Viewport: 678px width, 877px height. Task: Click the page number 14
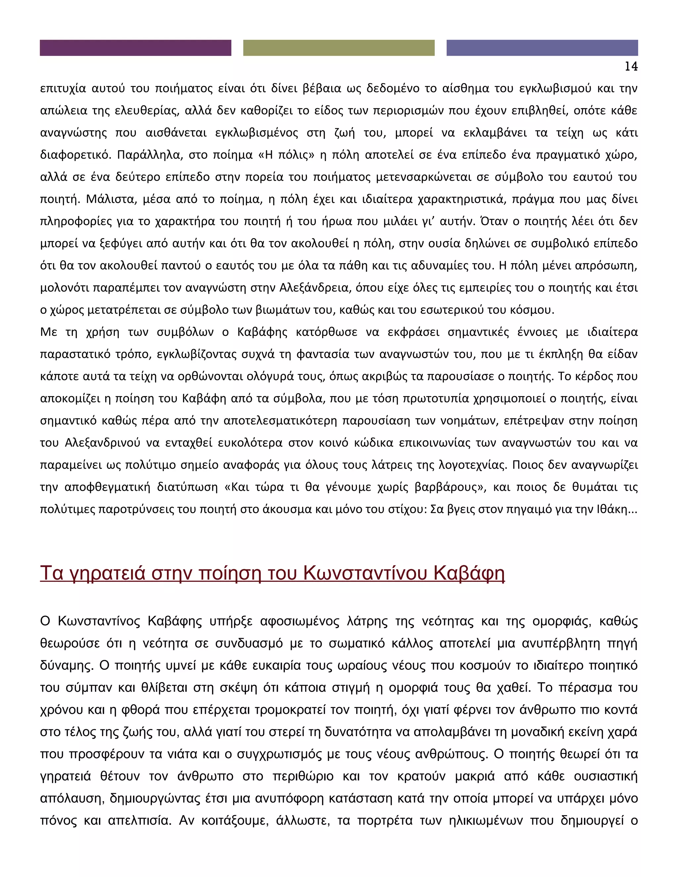tap(631, 67)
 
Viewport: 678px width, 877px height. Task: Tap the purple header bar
tap(135, 48)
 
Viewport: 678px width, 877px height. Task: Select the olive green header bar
tap(339, 48)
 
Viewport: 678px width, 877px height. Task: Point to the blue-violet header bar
tap(542, 48)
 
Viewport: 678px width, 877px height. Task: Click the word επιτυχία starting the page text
tap(63, 89)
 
